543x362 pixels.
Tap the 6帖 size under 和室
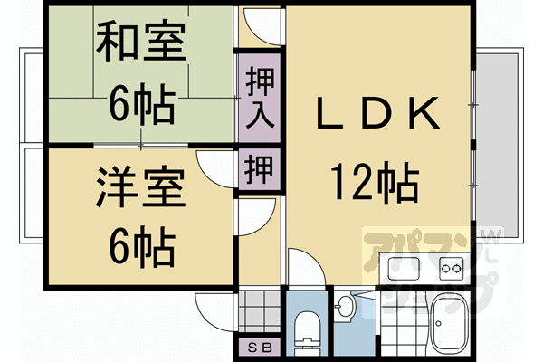(x=141, y=105)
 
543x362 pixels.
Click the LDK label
(x=376, y=116)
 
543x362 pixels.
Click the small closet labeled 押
(x=259, y=169)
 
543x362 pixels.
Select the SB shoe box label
(x=259, y=348)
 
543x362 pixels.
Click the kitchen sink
(x=403, y=269)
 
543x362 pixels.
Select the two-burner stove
(x=450, y=269)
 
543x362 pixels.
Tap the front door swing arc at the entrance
(x=217, y=308)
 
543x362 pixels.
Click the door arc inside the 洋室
(x=217, y=167)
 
